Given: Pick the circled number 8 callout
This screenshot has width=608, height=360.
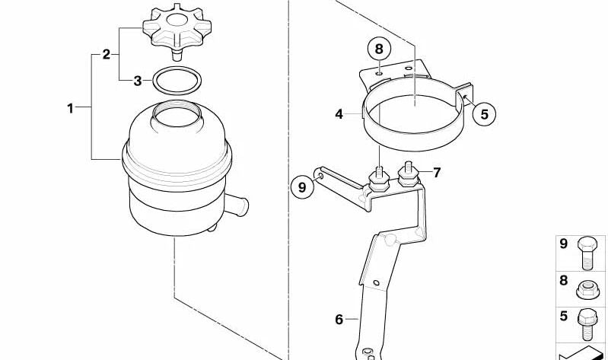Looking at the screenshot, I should pos(379,49).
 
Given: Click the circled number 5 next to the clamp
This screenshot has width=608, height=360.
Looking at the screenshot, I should pos(483,113).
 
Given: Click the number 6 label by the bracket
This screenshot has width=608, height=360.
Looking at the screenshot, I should pos(339,319).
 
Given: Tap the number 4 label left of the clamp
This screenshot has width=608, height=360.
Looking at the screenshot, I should pos(339,115).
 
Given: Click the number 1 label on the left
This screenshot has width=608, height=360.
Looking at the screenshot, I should pos(70,109).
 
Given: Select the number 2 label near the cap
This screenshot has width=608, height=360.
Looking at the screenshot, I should pos(107,54).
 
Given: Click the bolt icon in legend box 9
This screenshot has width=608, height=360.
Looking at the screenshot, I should pos(587,251).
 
